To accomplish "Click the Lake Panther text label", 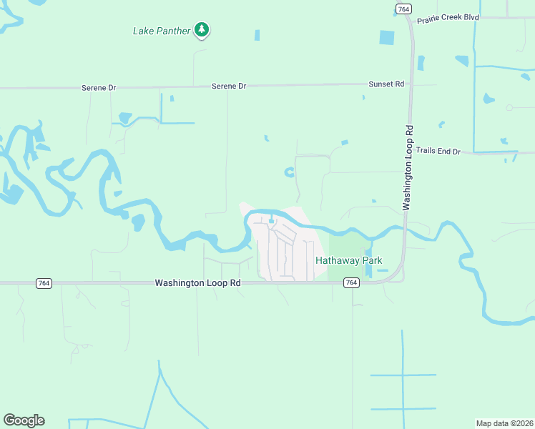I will (x=162, y=31).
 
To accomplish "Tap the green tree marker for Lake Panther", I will (x=202, y=29).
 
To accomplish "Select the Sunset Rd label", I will (x=386, y=84).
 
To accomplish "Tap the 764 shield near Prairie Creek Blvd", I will (x=403, y=8).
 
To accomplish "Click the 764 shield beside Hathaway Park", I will (x=350, y=282).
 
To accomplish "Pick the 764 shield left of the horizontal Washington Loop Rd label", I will (x=44, y=283).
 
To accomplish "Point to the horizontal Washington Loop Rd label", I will (x=197, y=283).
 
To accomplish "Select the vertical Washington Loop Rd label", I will (x=408, y=168).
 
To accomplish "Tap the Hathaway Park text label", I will (x=349, y=260).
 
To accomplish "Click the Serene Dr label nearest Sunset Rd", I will (x=229, y=86).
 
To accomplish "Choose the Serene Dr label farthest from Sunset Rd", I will (x=99, y=87).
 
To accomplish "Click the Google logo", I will (x=24, y=420).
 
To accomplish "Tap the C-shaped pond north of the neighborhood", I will (x=289, y=172).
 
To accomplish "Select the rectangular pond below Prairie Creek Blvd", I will (x=387, y=38).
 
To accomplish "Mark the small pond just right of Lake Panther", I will (x=257, y=34).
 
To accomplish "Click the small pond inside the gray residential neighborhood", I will (x=271, y=220).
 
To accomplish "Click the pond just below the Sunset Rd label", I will (x=363, y=97).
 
